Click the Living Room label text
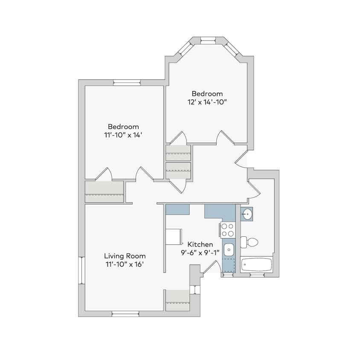tap(125, 256)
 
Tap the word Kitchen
tap(200, 244)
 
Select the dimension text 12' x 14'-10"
tap(207, 102)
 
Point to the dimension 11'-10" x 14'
tap(123, 135)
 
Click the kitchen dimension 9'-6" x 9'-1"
tap(200, 252)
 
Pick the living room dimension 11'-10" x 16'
tap(125, 264)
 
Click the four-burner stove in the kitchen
tap(227, 230)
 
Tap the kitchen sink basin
tap(229, 250)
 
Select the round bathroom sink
tap(247, 215)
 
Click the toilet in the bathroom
tap(249, 242)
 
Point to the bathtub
tap(256, 265)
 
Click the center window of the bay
tap(208, 41)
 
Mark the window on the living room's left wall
tap(81, 270)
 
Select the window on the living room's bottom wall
tap(125, 314)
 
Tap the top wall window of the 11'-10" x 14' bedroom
tap(127, 83)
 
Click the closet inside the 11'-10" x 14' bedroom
tap(104, 192)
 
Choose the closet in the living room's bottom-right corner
tap(177, 300)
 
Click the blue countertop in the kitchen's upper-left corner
tap(177, 209)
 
